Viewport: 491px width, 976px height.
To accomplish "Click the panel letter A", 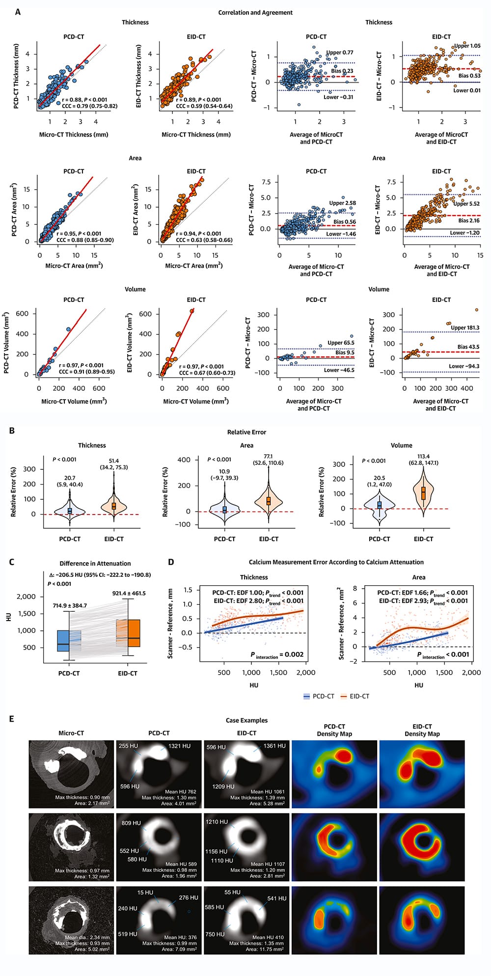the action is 18,12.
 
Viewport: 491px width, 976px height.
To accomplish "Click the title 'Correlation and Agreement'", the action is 255,13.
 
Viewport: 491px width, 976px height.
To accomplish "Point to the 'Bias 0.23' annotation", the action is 342,71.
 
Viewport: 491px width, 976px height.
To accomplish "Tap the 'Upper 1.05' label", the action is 467,46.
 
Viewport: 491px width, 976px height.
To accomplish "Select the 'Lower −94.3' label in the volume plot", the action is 464,366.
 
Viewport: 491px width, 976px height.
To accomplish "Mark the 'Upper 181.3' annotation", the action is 465,327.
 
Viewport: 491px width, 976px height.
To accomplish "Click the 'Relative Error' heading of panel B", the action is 246,432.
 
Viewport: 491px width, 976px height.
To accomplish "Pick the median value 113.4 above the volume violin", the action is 423,457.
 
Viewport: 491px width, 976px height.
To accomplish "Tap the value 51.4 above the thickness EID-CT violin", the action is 113,461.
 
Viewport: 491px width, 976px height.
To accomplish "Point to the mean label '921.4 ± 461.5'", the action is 129,594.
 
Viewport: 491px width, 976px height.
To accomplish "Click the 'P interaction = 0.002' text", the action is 277,655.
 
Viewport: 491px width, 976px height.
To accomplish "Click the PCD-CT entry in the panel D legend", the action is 319,696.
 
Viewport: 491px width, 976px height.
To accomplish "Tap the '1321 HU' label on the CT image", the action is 179,746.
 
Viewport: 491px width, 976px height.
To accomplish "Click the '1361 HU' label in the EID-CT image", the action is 274,746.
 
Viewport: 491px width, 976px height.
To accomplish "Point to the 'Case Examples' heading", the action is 246,721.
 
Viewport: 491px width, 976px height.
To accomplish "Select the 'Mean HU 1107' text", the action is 268,864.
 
